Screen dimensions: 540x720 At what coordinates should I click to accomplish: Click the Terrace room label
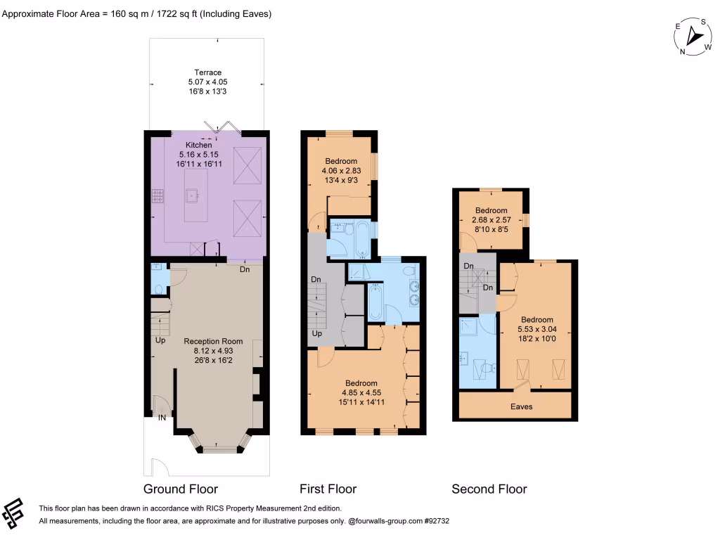pyautogui.click(x=207, y=72)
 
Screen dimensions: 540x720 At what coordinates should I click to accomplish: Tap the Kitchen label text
pyautogui.click(x=198, y=146)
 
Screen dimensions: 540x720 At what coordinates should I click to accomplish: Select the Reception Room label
pyautogui.click(x=207, y=341)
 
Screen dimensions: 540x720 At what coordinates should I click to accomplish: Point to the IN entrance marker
pyautogui.click(x=162, y=418)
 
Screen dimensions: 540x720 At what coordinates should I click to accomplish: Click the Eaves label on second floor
pyautogui.click(x=522, y=406)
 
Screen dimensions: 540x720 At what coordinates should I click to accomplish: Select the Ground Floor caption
pyautogui.click(x=181, y=489)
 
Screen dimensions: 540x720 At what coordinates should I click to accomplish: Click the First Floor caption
pyautogui.click(x=328, y=489)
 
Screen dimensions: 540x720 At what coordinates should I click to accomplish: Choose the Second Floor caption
pyautogui.click(x=489, y=489)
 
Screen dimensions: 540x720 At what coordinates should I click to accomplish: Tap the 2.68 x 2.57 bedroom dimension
pyautogui.click(x=491, y=220)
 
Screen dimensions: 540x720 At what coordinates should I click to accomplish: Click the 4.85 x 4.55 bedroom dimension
pyautogui.click(x=361, y=392)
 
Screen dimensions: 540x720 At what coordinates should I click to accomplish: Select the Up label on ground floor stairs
pyautogui.click(x=161, y=340)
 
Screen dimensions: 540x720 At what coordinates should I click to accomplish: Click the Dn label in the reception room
pyautogui.click(x=245, y=269)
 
